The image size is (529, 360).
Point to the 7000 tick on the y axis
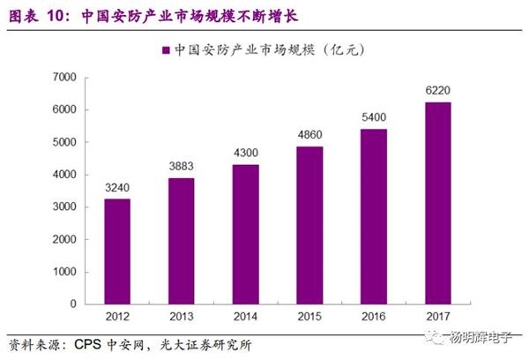tap(65, 78)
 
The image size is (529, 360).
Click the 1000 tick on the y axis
tap(65, 272)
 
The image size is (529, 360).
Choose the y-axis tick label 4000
tap(65, 175)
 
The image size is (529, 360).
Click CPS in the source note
tap(87, 344)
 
